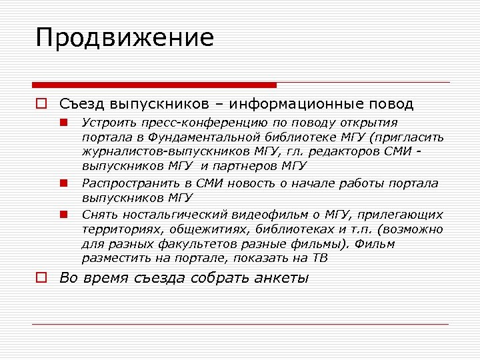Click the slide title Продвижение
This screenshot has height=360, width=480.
tap(125, 39)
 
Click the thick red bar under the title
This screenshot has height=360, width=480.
tap(155, 85)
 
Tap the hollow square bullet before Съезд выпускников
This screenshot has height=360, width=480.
tap(41, 104)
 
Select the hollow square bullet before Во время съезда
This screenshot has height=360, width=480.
tap(41, 278)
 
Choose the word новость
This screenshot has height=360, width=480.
tap(279, 183)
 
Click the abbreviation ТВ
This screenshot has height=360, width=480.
tap(320, 259)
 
